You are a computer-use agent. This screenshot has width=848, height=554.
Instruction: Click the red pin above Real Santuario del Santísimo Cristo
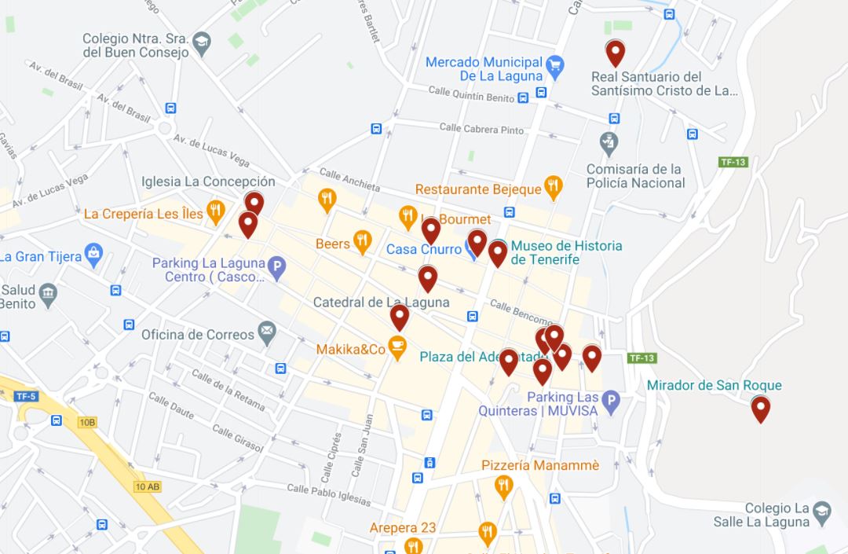[615, 53]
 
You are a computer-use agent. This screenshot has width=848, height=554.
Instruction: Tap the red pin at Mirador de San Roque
[760, 409]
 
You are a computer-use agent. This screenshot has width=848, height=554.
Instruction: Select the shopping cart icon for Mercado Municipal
[555, 66]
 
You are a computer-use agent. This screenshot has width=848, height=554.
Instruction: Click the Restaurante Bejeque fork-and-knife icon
[554, 186]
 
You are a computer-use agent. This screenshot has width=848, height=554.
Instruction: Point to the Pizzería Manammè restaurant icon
[504, 487]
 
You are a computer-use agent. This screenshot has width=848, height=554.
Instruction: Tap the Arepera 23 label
[403, 528]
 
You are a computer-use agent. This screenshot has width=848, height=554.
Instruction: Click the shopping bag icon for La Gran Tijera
[94, 253]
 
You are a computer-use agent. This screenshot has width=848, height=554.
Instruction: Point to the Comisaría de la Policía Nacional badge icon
[609, 144]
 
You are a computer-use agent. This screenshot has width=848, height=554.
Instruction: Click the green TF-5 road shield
[26, 396]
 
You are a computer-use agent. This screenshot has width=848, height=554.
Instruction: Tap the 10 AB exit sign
[147, 487]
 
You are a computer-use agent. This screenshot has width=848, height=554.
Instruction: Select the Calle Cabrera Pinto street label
[481, 129]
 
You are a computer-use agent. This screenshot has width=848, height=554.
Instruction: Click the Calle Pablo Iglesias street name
[328, 494]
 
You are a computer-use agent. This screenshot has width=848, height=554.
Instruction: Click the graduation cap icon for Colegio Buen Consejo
[203, 42]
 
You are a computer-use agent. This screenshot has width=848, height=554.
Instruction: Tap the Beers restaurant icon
[361, 241]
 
